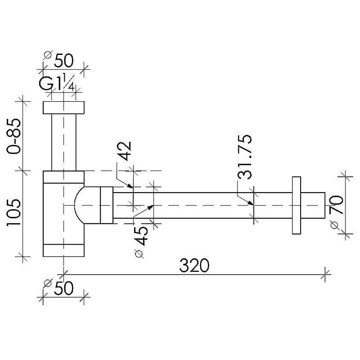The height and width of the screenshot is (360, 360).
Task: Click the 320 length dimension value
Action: click(x=194, y=265)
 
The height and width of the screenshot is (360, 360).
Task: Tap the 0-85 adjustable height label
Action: click(x=14, y=136)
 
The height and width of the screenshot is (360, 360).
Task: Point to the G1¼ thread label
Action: click(x=57, y=84)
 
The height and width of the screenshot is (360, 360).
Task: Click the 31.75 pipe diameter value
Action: click(x=244, y=157)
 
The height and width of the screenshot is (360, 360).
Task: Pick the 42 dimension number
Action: click(x=125, y=151)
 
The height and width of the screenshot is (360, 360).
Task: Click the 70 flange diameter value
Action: click(x=337, y=205)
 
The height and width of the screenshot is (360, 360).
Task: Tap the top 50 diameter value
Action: click(x=63, y=61)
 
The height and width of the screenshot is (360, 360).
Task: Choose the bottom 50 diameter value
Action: click(x=63, y=288)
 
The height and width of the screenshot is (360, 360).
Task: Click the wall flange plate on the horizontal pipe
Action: click(x=297, y=206)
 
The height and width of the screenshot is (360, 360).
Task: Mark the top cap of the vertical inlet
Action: click(x=63, y=108)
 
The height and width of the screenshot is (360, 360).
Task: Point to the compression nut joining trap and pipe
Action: click(x=107, y=205)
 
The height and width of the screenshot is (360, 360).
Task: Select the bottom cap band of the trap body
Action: click(x=63, y=250)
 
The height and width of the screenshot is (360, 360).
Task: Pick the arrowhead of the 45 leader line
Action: click(x=150, y=207)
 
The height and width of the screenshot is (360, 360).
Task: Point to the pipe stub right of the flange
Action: click(x=313, y=206)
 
